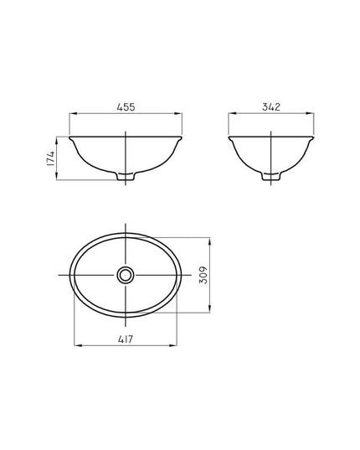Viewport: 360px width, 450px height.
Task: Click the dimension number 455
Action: coord(126,107)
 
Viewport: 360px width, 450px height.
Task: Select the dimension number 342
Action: coord(271,106)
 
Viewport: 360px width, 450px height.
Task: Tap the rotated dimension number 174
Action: coord(50,158)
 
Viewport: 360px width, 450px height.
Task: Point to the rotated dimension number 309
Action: coord(203,275)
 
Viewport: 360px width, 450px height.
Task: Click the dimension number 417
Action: coord(126,339)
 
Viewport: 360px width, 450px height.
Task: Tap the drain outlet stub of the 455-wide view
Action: coord(126,177)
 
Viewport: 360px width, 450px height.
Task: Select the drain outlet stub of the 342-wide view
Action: coord(271,177)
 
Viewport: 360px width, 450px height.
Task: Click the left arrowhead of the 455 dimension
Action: coord(73,114)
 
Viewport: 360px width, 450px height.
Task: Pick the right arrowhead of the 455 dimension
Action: coord(178,114)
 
